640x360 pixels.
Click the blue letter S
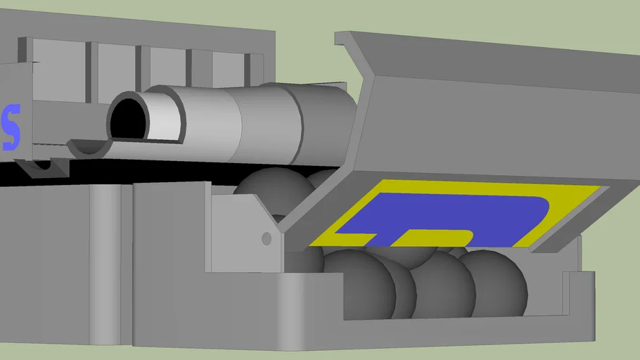click(x=10, y=128)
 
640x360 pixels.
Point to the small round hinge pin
click(x=267, y=239)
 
